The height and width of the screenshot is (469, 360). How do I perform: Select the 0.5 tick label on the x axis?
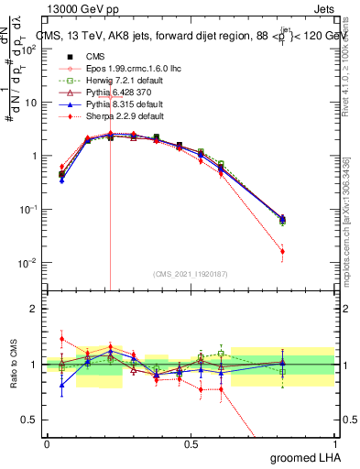click(x=191, y=443)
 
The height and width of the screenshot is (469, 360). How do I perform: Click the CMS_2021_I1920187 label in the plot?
click(x=190, y=273)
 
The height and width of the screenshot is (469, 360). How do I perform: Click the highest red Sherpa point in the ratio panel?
click(x=61, y=339)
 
